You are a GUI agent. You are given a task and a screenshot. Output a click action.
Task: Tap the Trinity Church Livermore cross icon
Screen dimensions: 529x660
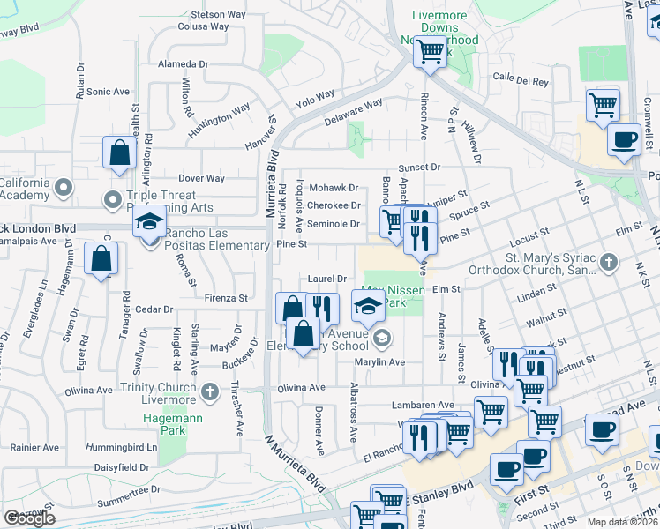tap(209, 391)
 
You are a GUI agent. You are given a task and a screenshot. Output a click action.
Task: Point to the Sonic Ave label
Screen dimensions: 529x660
tap(109, 92)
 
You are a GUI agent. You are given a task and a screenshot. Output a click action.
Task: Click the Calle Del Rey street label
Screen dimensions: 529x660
tap(521, 81)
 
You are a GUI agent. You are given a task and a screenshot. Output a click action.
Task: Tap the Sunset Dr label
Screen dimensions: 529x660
tap(418, 167)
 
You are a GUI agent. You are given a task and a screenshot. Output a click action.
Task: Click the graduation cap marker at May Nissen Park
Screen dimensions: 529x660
tap(369, 307)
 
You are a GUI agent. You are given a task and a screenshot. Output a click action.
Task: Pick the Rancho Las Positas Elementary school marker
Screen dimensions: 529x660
tap(150, 221)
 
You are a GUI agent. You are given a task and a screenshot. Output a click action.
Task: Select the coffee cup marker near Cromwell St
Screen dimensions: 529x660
tap(624, 139)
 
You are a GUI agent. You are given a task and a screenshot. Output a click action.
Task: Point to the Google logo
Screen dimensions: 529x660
tap(29, 519)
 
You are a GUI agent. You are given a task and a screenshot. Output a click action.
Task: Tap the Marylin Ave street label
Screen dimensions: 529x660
tap(379, 362)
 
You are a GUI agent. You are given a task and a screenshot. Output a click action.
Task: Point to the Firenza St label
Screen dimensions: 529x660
tap(227, 299)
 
